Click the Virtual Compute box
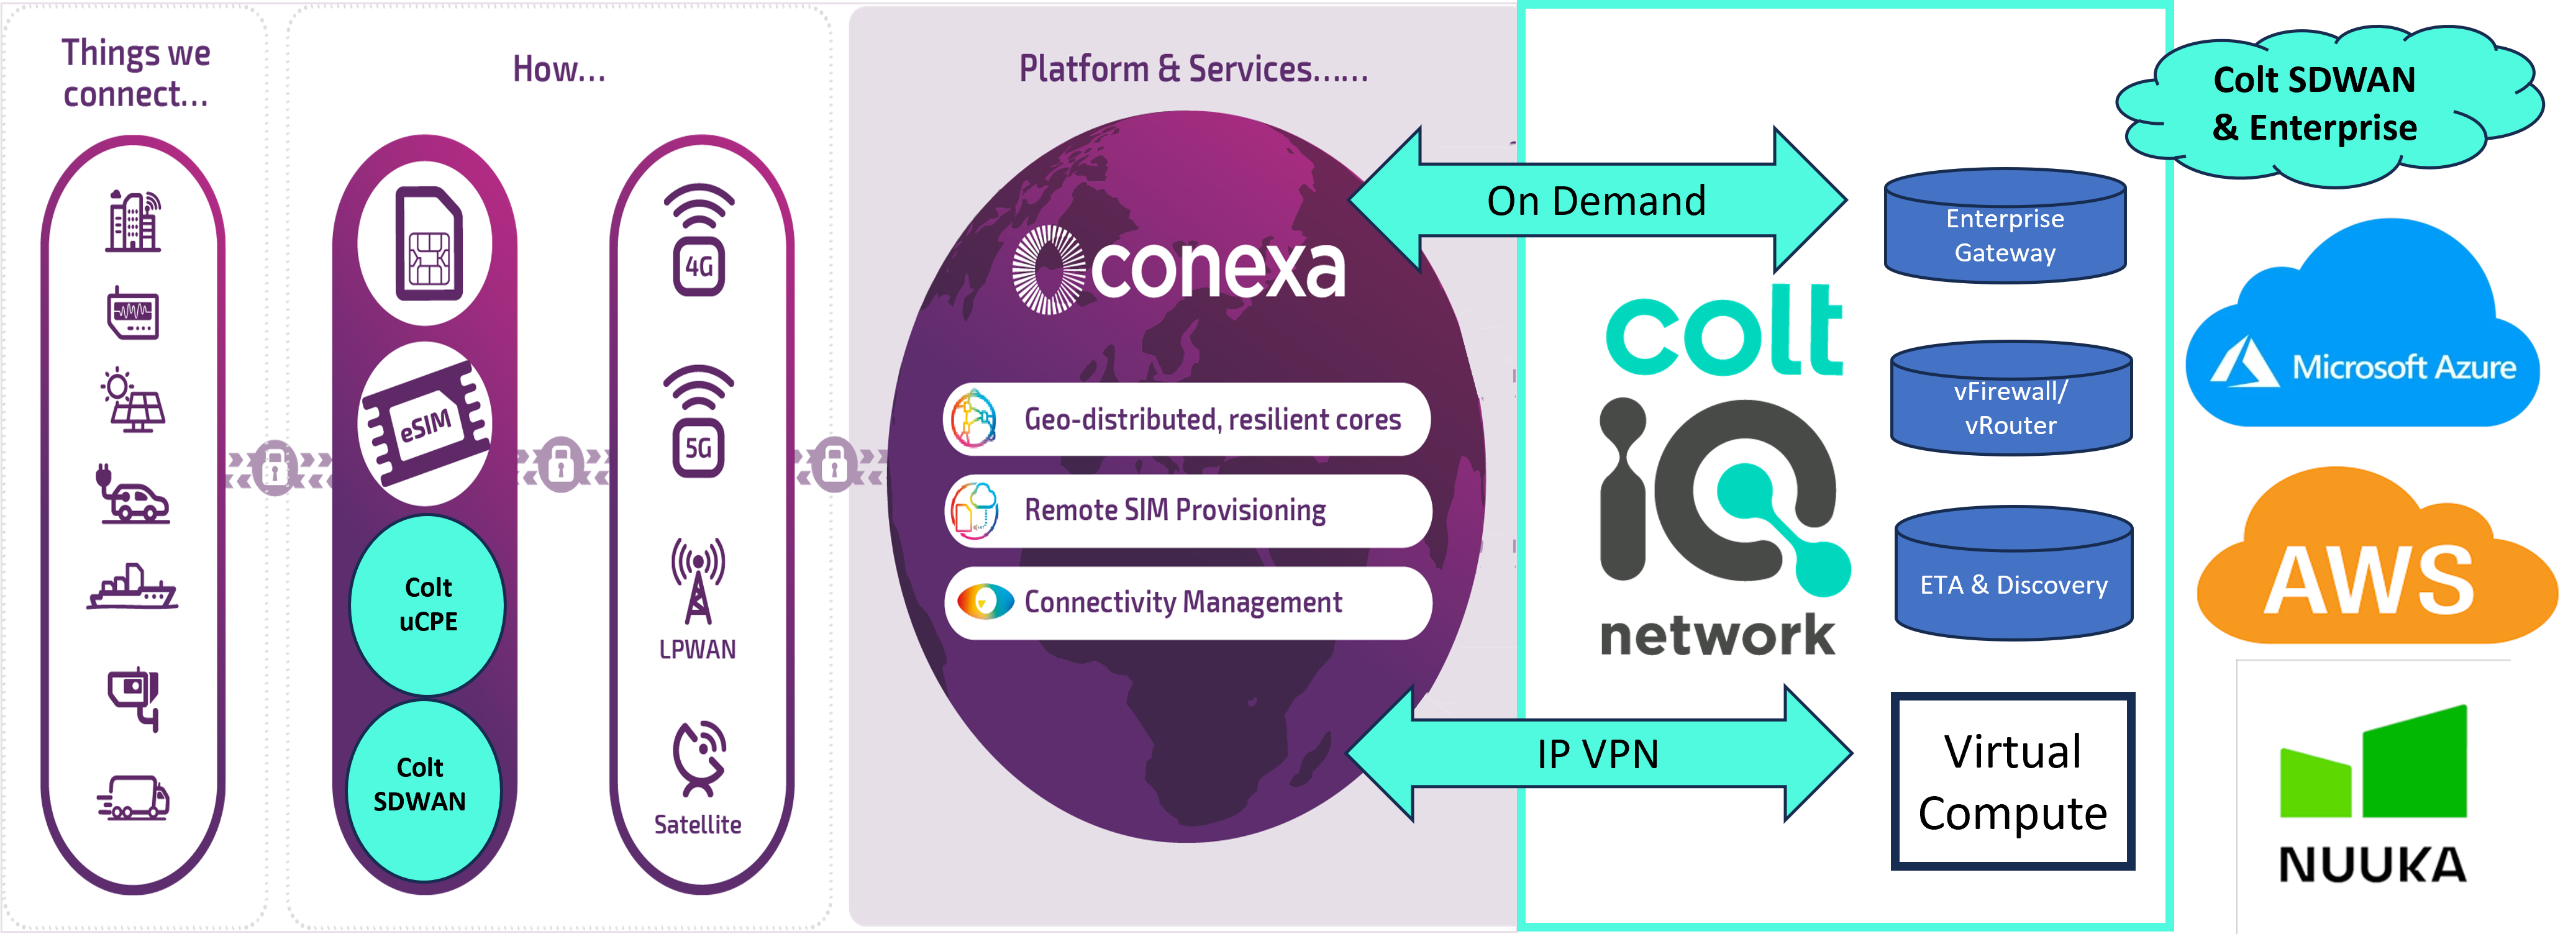[2013, 781]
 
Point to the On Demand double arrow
[1597, 201]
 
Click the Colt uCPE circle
[427, 604]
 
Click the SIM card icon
[429, 244]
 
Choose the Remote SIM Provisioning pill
[1187, 510]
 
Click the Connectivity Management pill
[1187, 602]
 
